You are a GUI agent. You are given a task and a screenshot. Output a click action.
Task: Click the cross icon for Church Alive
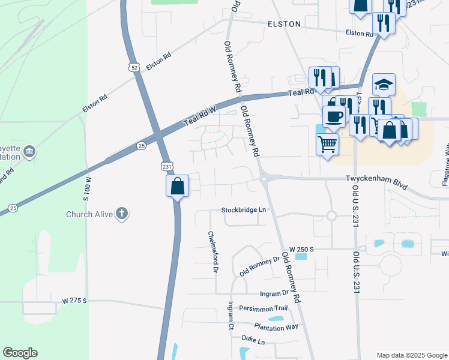coord(122,213)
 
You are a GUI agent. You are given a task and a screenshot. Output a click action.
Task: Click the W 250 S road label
coord(302,248)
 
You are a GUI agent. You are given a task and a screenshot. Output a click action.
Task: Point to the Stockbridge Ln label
coord(243,211)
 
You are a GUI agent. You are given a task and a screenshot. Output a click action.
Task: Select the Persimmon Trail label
coord(264,308)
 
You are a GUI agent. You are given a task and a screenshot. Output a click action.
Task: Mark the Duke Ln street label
coord(253,341)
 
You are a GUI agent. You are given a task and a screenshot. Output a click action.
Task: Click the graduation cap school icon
coord(384,85)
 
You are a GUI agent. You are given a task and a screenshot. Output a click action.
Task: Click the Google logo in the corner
coord(20,353)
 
